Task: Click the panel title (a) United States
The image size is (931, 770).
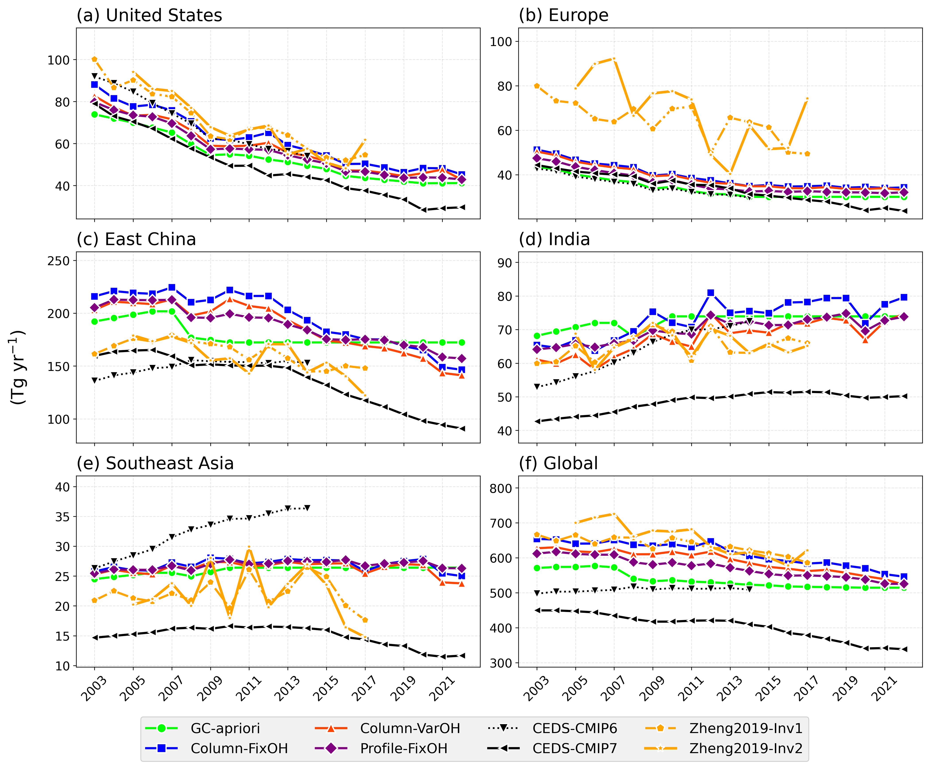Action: point(149,16)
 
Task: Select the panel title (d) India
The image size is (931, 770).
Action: point(554,240)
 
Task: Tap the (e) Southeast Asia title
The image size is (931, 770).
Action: point(155,464)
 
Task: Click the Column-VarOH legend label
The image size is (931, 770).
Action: point(410,728)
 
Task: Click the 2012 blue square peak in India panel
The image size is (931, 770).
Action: point(711,293)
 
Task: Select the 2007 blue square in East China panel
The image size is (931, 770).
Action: point(172,287)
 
